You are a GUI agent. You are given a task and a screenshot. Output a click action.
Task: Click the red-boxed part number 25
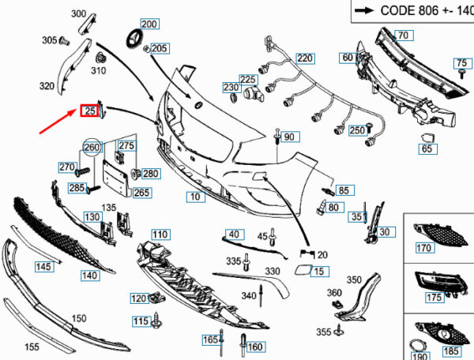tap(90, 111)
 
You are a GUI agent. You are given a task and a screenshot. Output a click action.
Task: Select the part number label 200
tap(149, 24)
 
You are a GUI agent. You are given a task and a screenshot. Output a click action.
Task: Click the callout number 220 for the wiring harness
tap(305, 58)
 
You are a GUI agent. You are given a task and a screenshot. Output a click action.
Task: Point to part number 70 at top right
tap(403, 36)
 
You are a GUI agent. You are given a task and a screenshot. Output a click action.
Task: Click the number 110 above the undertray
tap(160, 234)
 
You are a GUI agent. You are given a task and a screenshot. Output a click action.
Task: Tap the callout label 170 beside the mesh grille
tap(424, 249)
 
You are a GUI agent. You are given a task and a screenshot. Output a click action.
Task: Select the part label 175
tap(434, 298)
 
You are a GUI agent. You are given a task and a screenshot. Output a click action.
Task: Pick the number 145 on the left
tap(43, 267)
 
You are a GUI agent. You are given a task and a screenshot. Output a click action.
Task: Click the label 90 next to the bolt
tap(288, 137)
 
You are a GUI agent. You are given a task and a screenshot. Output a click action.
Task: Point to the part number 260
tap(93, 147)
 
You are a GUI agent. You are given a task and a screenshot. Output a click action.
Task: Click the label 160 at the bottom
tap(255, 347)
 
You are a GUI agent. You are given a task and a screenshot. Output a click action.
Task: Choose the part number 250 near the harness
tap(357, 130)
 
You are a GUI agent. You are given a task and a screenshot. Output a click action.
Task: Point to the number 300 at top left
tap(78, 14)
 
